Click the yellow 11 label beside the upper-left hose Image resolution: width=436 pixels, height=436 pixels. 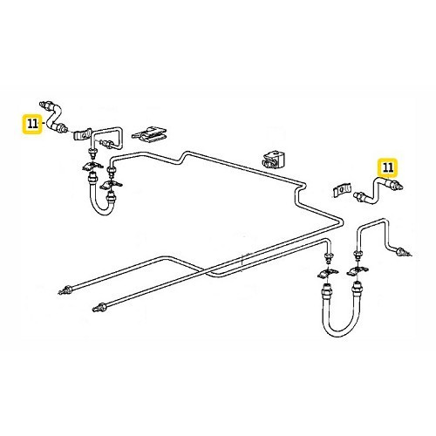(x=32, y=124)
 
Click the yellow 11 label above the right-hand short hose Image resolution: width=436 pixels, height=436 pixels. (x=386, y=166)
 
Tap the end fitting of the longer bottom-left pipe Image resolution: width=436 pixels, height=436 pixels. (x=64, y=289)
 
